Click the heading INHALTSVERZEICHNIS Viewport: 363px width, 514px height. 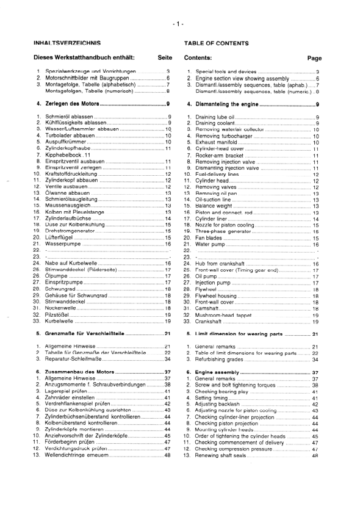pos(67,44)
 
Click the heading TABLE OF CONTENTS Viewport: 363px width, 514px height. pos(216,44)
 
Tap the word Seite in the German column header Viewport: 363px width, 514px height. pos(165,57)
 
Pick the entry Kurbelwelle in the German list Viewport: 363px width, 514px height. pos(60,320)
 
